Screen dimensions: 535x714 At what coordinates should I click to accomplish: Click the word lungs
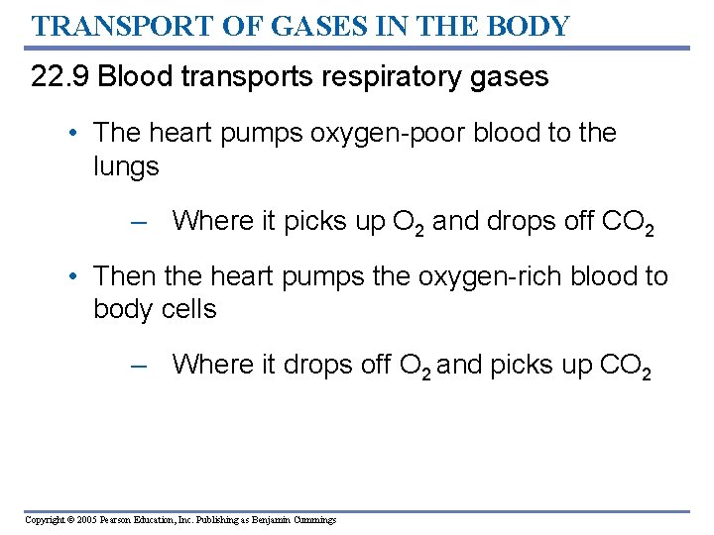pos(126,166)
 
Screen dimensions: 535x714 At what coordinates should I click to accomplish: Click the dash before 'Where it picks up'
pos(138,222)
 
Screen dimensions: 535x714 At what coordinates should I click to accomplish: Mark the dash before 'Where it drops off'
pos(138,365)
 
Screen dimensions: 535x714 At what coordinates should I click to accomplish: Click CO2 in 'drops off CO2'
pos(627,223)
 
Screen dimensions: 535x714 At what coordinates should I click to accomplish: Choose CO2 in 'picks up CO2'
pos(626,366)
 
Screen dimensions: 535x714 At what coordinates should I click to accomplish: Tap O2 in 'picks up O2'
pos(409,223)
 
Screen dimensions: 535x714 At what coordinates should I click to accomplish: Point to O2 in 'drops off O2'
pos(416,366)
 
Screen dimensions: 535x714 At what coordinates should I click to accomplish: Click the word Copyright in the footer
pos(44,519)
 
